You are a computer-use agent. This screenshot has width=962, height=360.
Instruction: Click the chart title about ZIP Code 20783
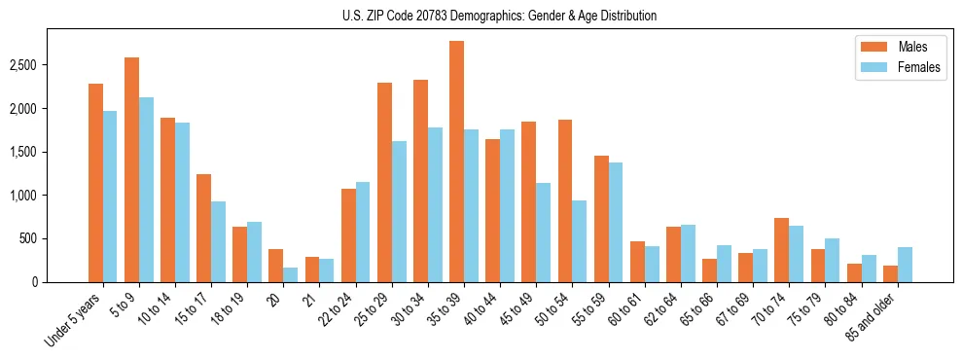click(500, 16)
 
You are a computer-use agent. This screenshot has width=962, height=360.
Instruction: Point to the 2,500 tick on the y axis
click(24, 65)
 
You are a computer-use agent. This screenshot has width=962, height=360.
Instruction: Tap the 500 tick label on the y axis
click(29, 238)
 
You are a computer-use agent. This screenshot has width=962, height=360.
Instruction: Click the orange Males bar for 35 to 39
click(456, 162)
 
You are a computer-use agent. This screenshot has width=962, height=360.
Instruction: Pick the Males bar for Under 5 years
click(95, 183)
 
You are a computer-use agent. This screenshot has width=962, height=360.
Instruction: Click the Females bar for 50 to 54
click(580, 241)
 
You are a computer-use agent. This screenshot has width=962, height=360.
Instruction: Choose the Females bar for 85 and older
click(905, 265)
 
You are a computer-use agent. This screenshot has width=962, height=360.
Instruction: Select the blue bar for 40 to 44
click(507, 205)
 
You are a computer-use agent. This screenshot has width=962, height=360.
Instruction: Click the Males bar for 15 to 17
click(203, 228)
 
